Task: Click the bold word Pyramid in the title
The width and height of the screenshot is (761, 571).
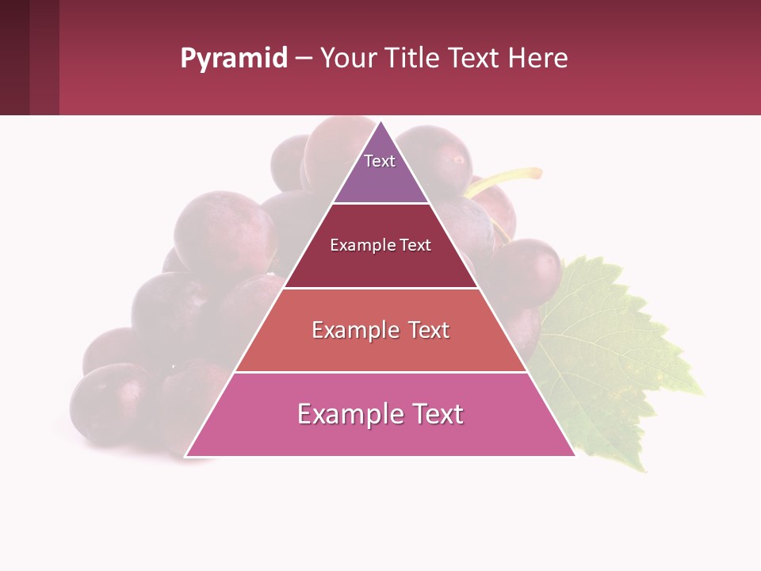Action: tap(233, 58)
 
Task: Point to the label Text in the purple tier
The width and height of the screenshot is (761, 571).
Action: tap(380, 161)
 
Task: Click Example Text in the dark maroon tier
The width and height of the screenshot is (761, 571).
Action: tap(380, 245)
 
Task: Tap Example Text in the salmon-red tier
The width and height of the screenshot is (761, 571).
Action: tap(380, 330)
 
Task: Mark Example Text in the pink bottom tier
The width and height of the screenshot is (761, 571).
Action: tap(380, 414)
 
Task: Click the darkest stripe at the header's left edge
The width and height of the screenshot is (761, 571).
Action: tap(14, 58)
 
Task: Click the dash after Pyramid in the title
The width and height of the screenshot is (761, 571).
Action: tap(304, 58)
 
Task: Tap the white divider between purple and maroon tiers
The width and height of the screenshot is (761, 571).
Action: tap(380, 204)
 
